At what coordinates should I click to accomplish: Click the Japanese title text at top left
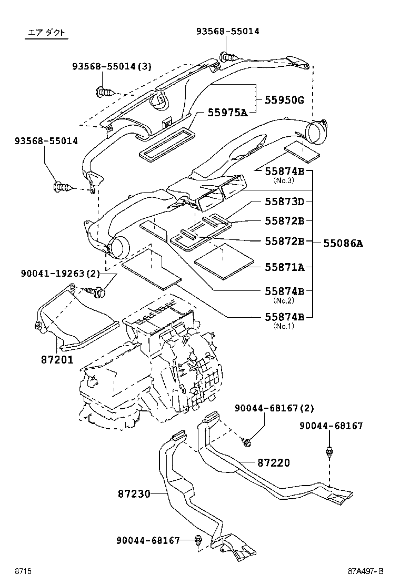click(x=47, y=33)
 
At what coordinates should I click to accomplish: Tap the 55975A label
click(x=227, y=112)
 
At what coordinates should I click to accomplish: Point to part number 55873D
click(x=285, y=201)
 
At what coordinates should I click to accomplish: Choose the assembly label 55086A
click(x=343, y=243)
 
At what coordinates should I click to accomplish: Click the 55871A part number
click(x=285, y=267)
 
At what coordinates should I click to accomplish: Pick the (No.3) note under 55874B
click(x=284, y=180)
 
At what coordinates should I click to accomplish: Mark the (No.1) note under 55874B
click(x=284, y=326)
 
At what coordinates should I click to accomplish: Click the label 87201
click(x=56, y=360)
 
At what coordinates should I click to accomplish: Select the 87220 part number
click(x=274, y=463)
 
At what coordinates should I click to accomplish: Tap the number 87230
click(x=134, y=494)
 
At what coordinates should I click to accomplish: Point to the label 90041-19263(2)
click(x=60, y=274)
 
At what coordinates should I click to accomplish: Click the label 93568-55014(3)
click(x=112, y=66)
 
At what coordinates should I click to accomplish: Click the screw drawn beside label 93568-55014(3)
click(x=105, y=93)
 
